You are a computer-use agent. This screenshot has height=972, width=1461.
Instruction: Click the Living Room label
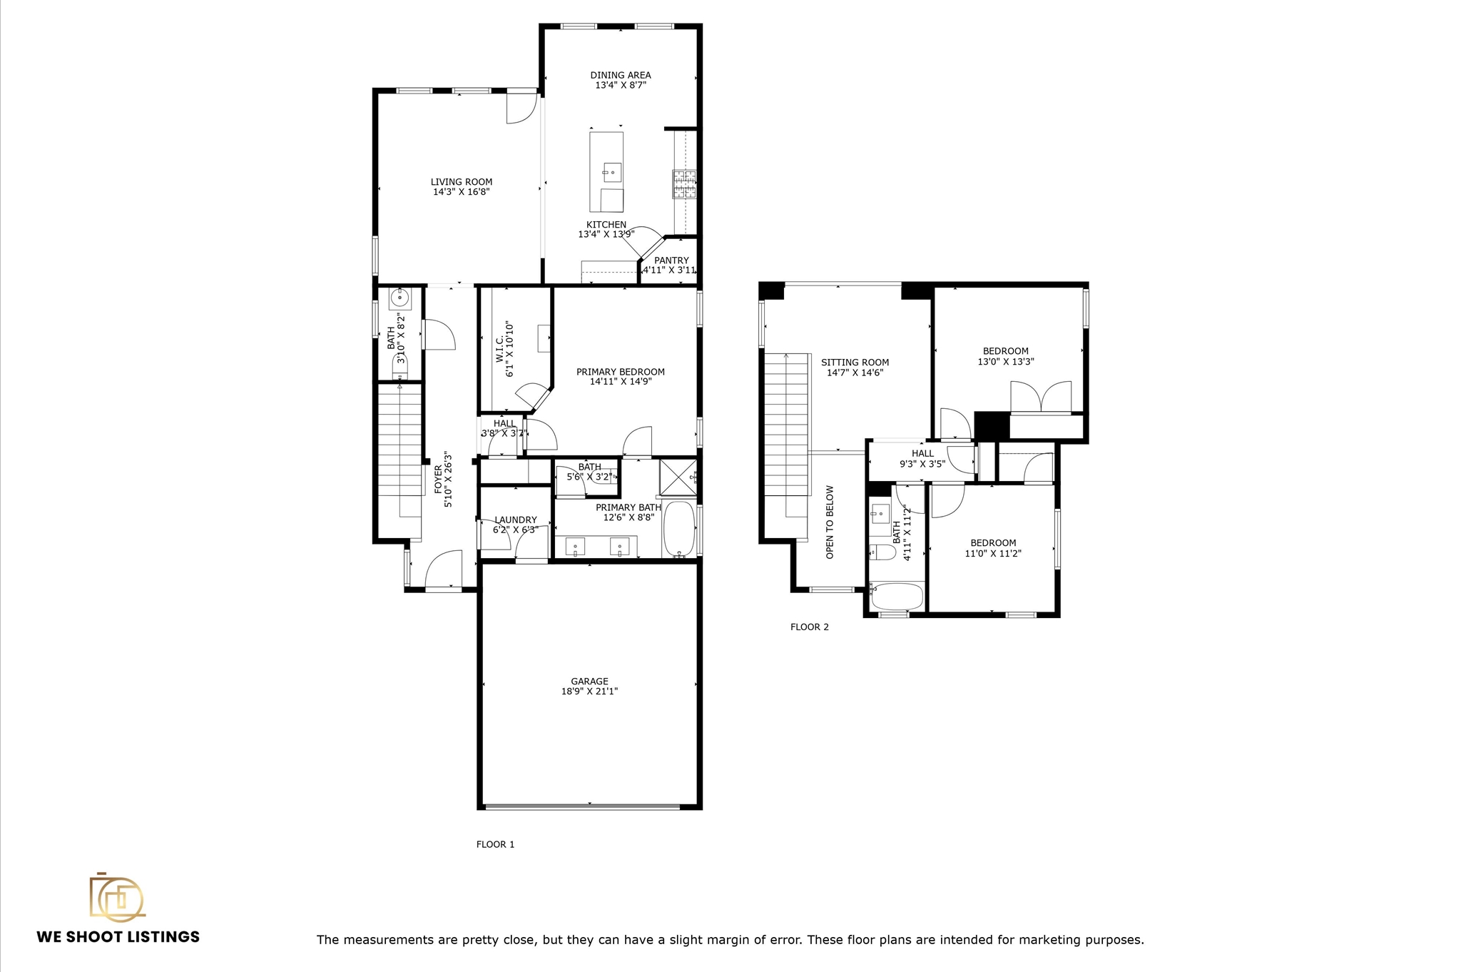(461, 182)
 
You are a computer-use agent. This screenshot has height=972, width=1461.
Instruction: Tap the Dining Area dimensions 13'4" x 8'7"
(621, 85)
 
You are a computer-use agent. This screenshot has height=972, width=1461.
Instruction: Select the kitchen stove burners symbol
(684, 184)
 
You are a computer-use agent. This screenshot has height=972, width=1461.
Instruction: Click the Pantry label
(671, 260)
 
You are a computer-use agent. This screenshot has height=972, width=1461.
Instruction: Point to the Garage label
(589, 682)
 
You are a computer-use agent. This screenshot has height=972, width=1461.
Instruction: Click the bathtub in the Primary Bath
(679, 530)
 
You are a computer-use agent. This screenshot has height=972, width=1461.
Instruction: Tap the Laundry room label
(515, 520)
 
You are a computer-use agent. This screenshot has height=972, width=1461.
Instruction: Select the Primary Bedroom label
(621, 372)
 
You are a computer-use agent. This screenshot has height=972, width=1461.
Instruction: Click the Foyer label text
(438, 479)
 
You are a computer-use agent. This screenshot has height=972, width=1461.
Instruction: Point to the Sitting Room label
(855, 363)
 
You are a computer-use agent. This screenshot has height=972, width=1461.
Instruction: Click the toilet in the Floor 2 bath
(883, 552)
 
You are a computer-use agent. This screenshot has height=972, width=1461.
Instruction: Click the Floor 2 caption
(810, 627)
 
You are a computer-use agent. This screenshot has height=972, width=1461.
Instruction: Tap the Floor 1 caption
(495, 844)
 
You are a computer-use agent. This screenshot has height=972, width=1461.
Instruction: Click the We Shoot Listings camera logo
(116, 897)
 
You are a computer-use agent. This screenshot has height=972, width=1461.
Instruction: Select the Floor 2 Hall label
(922, 454)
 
